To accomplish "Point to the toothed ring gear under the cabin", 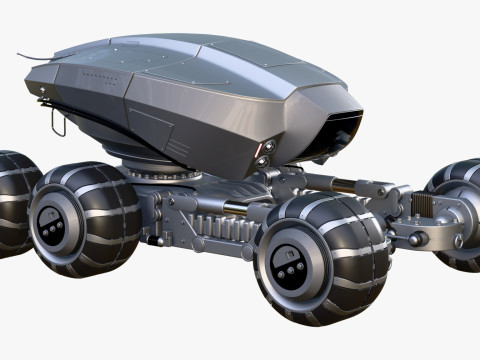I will (165, 176).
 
